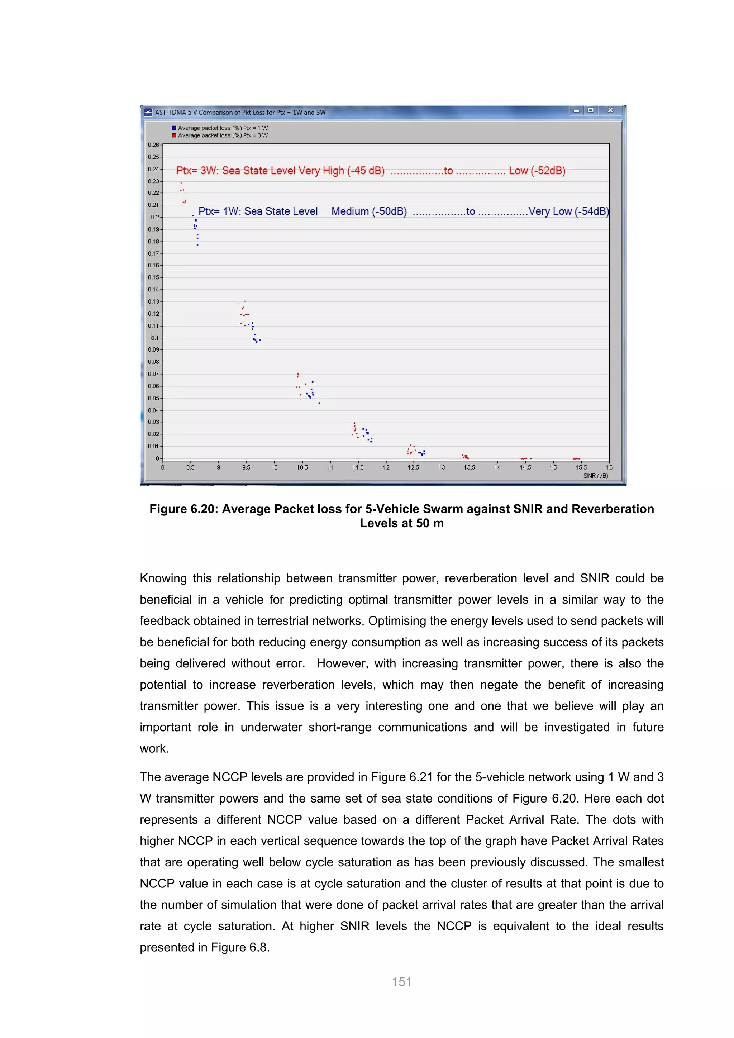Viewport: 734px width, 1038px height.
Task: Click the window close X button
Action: click(610, 110)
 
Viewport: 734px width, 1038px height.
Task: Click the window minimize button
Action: click(576, 110)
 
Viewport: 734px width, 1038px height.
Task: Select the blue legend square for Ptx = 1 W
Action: click(174, 128)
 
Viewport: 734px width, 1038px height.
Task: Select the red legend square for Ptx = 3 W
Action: click(174, 135)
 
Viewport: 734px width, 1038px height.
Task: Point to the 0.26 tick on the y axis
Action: click(154, 145)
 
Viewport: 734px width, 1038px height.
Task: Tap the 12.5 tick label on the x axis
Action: click(413, 467)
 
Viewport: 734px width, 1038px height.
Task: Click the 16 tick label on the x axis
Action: click(609, 467)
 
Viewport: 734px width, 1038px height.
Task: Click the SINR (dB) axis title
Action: click(595, 476)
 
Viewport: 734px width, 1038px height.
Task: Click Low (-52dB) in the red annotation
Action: click(537, 171)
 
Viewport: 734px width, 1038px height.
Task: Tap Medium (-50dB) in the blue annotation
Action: click(369, 211)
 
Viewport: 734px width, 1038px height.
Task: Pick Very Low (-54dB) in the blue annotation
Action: click(568, 211)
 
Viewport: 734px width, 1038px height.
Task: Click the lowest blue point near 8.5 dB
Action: click(197, 245)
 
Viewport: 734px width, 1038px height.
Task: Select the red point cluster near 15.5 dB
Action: click(576, 458)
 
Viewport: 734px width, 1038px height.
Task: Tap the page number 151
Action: click(401, 981)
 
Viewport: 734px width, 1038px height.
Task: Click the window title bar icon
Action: click(148, 112)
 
